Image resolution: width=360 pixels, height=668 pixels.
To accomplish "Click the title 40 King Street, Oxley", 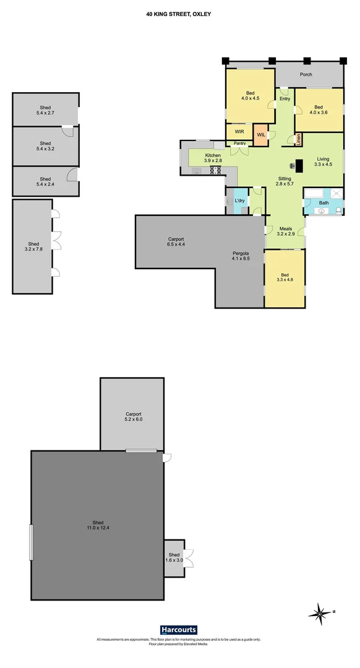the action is tap(179, 14).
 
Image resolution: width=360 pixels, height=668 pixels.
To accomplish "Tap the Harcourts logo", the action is tap(179, 630).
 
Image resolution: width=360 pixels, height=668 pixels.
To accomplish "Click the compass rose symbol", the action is tap(320, 614).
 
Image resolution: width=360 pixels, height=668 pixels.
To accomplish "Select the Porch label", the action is tap(306, 74).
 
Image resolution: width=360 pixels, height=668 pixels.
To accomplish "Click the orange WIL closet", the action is tap(261, 135).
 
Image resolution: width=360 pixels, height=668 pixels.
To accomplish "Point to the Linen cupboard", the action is tap(298, 139).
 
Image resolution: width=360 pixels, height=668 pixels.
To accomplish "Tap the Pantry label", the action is tap(239, 143).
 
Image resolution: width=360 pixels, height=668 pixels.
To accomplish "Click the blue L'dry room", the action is tap(240, 200).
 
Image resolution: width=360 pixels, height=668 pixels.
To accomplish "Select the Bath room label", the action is tap(324, 203).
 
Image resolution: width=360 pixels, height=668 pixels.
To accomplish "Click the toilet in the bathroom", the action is tap(338, 210).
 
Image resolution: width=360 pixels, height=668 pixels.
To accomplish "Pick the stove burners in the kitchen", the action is tap(216, 171).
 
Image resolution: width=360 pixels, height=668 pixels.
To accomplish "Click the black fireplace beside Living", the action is tap(299, 165).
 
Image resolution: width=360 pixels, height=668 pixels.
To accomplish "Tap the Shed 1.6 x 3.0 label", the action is tap(174, 557).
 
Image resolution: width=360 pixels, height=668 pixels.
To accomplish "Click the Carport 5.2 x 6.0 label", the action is tap(134, 416).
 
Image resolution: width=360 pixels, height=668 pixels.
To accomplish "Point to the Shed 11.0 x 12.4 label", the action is tap(98, 525).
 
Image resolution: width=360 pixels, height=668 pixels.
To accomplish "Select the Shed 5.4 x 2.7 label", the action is tap(45, 110).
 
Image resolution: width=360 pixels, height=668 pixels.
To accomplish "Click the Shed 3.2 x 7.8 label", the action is tap(33, 246).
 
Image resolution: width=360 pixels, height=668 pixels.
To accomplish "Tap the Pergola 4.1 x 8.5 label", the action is tap(241, 256).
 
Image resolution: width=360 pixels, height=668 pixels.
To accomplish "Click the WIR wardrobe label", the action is tap(239, 132).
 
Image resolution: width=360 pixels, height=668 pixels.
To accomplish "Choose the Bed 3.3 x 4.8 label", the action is tap(285, 277).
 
